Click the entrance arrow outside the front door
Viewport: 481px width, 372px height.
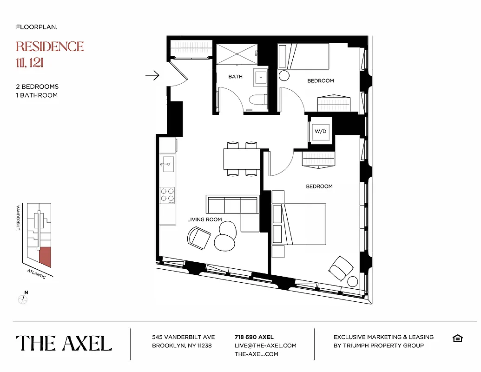pos(152,75)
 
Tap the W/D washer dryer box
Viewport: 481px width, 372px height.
pos(321,131)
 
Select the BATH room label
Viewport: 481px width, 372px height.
pos(235,77)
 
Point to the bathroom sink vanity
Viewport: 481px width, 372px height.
pos(261,78)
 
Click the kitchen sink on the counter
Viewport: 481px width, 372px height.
pos(167,163)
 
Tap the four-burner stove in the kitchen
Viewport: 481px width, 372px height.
pos(167,195)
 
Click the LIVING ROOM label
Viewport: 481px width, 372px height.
pos(204,219)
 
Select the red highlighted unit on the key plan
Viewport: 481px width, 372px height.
pos(45,256)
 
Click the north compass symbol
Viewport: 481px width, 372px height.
pos(23,299)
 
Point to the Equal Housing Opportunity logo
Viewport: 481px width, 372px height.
pos(457,338)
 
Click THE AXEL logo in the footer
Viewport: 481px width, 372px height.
pos(64,343)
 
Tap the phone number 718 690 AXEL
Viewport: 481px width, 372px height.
pos(254,337)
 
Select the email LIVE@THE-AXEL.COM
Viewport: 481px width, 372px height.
pos(265,345)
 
